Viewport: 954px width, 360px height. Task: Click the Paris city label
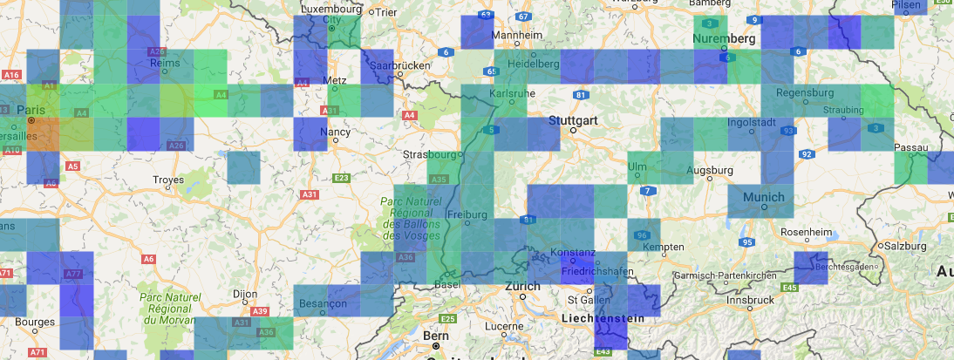[31, 111]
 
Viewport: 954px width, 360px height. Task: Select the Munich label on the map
[764, 198]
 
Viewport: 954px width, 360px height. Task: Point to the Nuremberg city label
[723, 39]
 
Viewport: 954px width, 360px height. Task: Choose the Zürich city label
[523, 286]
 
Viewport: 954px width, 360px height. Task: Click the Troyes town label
[168, 180]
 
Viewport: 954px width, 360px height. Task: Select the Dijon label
[245, 295]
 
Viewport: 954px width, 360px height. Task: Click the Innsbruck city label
[750, 300]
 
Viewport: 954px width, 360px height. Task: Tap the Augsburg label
[709, 170]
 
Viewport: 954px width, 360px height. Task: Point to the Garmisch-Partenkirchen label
[736, 275]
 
